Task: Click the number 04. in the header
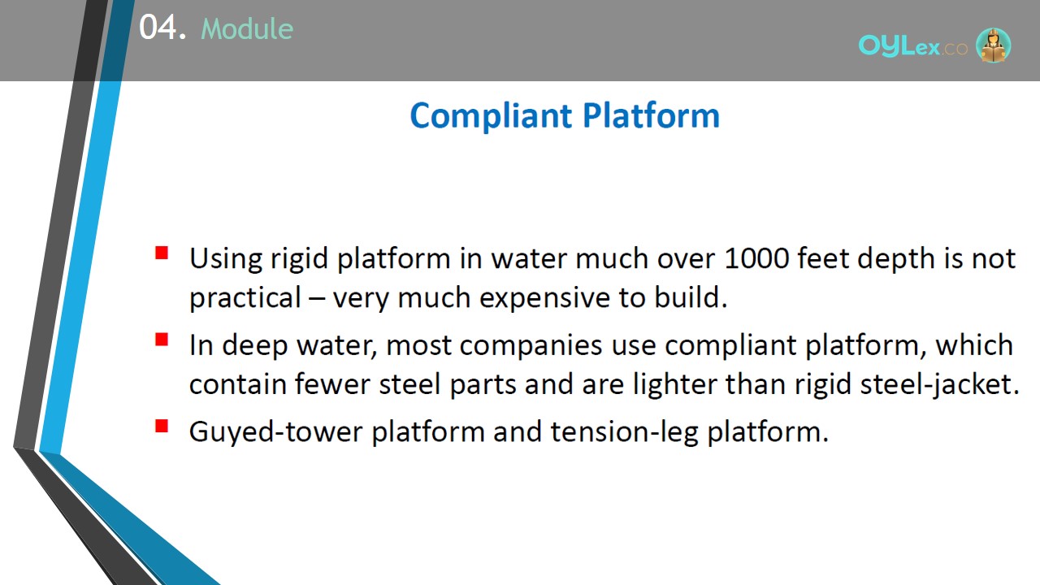[162, 27]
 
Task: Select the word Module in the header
[247, 28]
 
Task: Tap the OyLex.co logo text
[912, 46]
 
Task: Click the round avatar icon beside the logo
[993, 45]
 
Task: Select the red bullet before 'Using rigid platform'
[162, 253]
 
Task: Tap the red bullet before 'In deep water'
[162, 340]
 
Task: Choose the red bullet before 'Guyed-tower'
[162, 426]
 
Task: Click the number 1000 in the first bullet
[756, 258]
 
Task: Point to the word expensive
[544, 298]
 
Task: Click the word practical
[245, 298]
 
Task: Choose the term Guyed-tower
[275, 432]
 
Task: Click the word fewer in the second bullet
[332, 384]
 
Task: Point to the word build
[691, 297]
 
